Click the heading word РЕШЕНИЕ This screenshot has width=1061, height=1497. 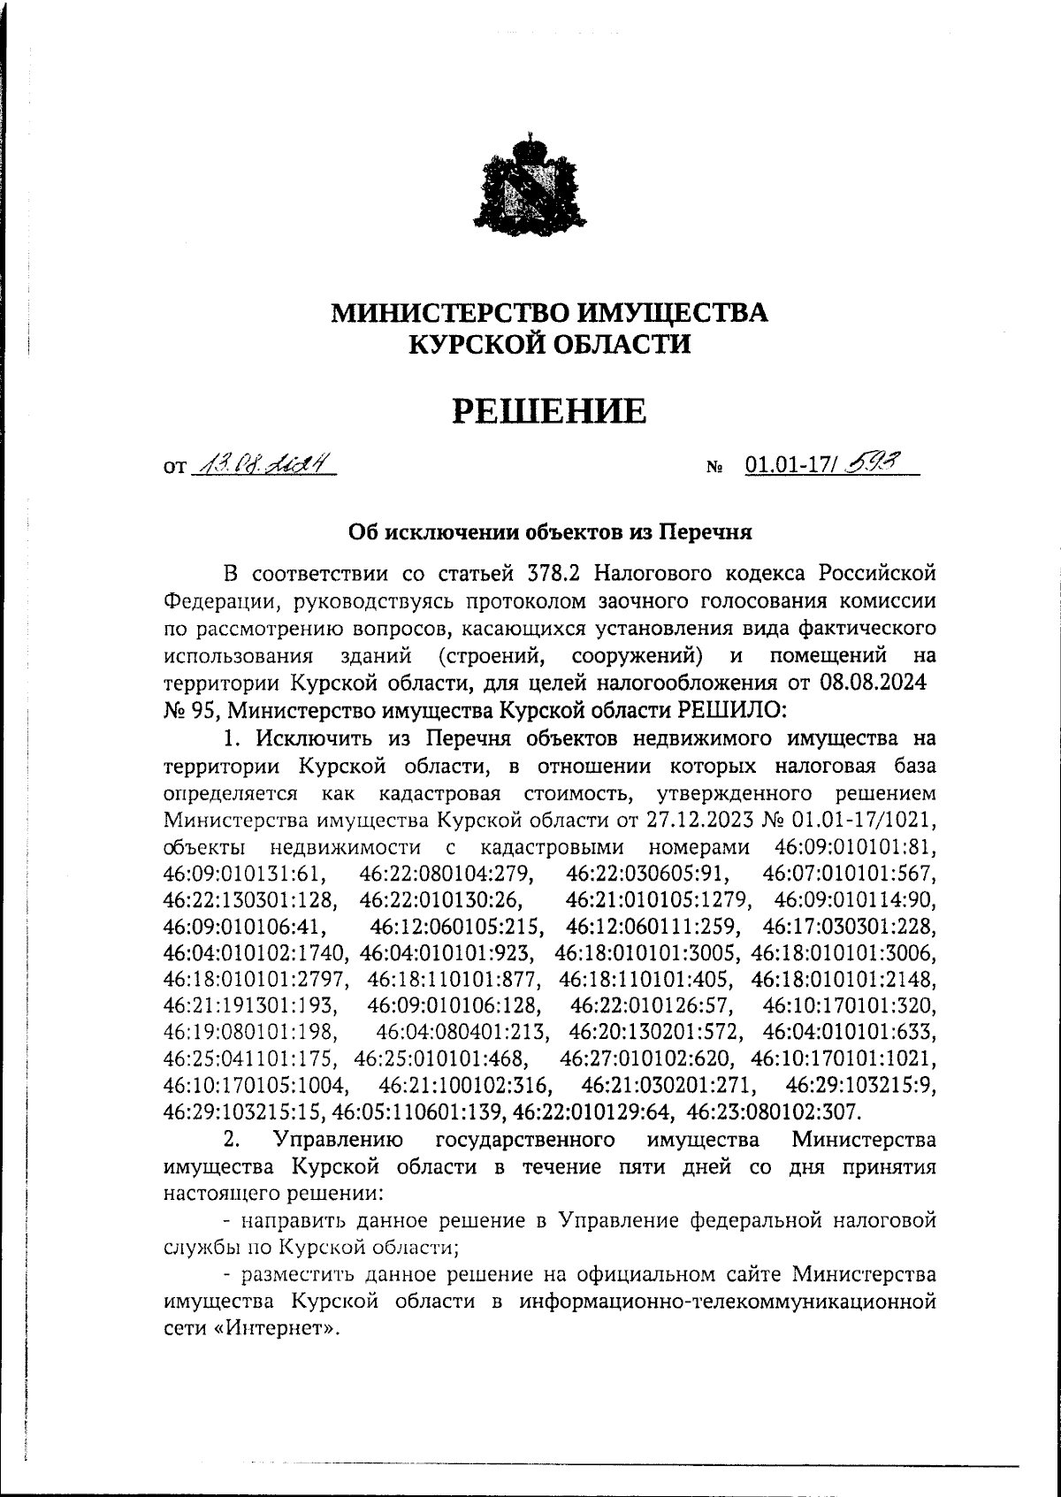549,410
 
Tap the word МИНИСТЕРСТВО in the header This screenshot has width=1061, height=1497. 448,313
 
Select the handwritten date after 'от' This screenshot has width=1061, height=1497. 263,462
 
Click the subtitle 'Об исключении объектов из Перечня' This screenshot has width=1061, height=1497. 550,532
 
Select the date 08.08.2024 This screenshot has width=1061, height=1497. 874,683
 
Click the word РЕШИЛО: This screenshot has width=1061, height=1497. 730,709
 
